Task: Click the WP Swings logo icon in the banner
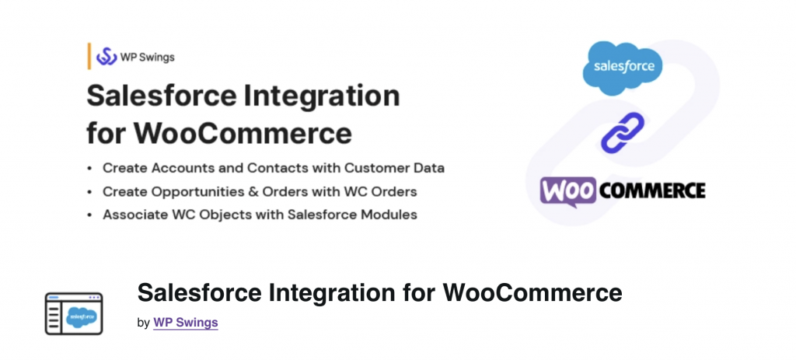coord(106,57)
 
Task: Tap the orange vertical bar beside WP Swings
coord(89,57)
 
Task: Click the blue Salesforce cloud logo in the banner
coord(623,65)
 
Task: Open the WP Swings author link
coord(186,322)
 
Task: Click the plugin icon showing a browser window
coord(74,313)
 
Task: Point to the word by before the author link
coord(143,322)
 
